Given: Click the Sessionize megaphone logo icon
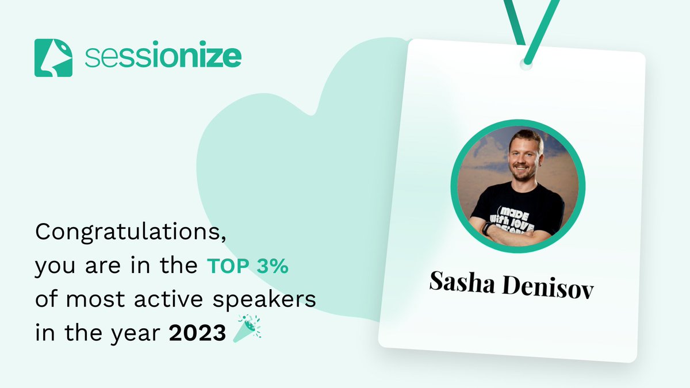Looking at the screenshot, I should click(x=53, y=57).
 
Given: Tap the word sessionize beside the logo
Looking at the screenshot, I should click(x=163, y=57).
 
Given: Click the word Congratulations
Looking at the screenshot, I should click(x=128, y=234).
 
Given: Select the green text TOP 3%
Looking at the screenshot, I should click(x=248, y=267).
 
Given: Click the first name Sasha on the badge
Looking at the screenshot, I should click(x=463, y=283).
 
